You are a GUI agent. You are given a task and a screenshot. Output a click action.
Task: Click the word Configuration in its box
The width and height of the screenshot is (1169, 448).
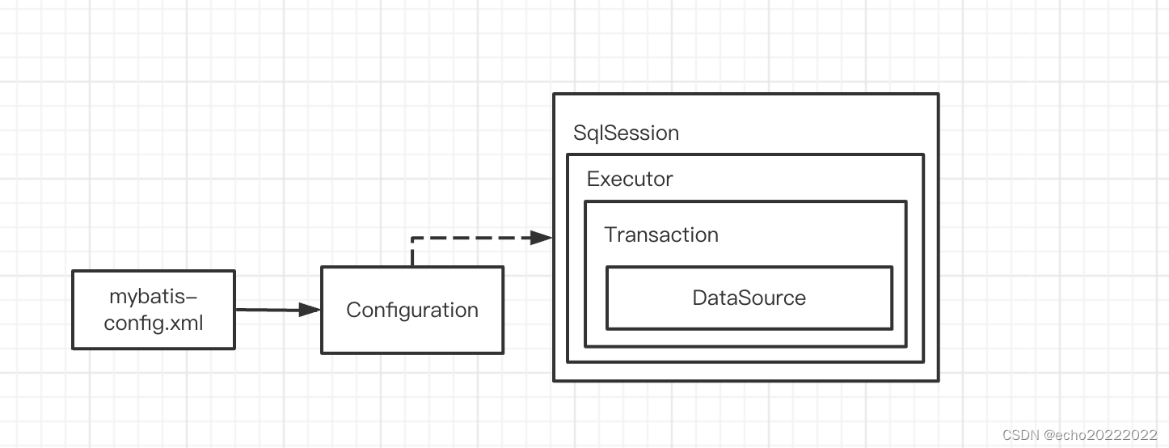[x=412, y=311]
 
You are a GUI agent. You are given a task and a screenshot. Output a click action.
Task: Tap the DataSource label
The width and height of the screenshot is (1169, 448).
[x=749, y=298]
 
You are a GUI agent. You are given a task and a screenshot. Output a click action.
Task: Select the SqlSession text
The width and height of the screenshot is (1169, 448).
[x=626, y=133]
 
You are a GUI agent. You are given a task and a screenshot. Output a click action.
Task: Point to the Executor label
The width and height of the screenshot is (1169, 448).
[x=629, y=179]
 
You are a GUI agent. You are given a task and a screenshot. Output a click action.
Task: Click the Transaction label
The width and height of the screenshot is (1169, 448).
[x=660, y=235]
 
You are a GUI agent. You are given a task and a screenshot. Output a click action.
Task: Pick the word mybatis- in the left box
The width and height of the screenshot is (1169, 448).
[x=154, y=297]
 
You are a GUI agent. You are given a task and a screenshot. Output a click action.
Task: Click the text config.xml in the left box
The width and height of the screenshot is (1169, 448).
[x=154, y=323]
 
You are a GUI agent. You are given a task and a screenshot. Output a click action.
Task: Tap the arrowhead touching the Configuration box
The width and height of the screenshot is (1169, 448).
[x=310, y=310]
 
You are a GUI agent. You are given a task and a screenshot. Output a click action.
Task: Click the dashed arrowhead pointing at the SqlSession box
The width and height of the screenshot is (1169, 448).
[x=542, y=238]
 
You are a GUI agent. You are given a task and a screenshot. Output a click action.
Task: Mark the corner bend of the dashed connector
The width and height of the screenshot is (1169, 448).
[x=412, y=239]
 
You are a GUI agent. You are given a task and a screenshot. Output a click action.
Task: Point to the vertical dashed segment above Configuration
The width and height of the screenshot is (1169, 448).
[x=412, y=253]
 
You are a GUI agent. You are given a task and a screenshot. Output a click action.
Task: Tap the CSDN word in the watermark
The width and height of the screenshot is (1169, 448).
[x=1019, y=435]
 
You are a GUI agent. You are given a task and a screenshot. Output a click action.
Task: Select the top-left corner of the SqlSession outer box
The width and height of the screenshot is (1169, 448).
[x=554, y=95]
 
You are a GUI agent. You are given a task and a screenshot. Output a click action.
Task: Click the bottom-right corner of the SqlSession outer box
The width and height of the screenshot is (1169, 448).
[x=938, y=380]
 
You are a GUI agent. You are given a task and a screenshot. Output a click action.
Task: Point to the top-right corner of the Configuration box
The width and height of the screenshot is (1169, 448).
[x=503, y=268]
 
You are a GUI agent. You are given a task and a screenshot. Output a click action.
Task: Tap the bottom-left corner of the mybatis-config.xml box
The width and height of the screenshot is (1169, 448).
[x=73, y=349]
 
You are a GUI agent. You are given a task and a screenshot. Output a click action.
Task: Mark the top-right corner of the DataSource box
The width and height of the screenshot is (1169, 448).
[x=892, y=268]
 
